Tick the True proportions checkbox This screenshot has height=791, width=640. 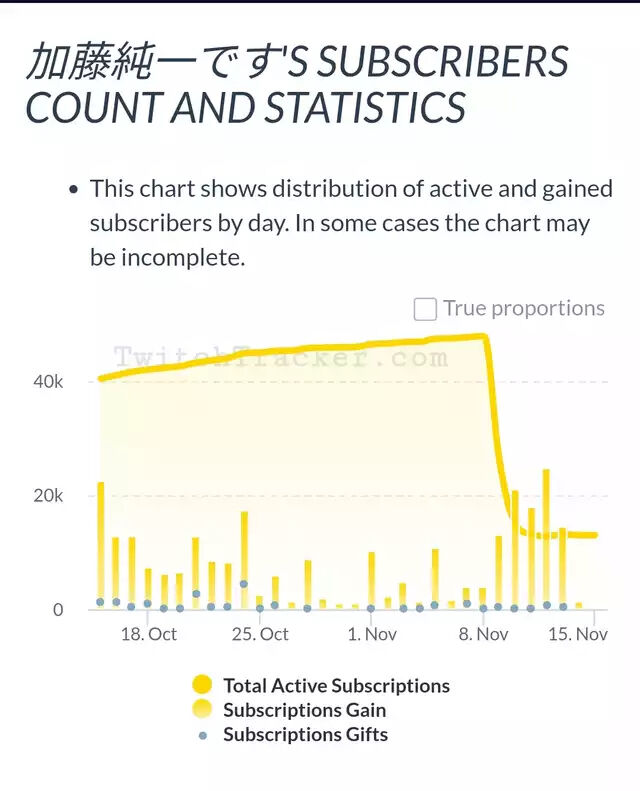[425, 309]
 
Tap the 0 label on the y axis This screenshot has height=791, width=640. [58, 609]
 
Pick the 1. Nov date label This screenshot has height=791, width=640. [372, 634]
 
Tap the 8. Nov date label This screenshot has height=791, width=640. [483, 634]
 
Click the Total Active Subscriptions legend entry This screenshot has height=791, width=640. [336, 686]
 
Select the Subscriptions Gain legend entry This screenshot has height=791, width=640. [304, 710]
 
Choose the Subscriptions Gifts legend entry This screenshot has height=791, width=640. [305, 735]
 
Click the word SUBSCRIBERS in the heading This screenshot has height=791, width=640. [440, 63]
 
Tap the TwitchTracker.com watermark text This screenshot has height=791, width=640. [280, 357]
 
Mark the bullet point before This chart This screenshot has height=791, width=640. [72, 190]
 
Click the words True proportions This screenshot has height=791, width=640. [524, 308]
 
